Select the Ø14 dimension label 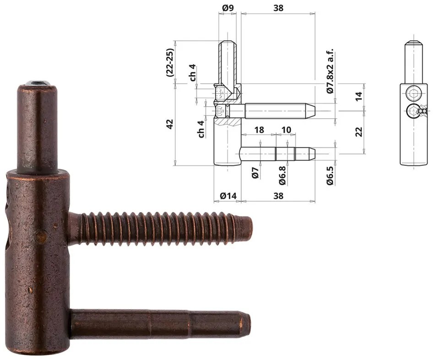[x=228, y=196]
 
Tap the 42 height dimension [x=170, y=124]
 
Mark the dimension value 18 [x=259, y=130]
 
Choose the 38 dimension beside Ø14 [x=278, y=196]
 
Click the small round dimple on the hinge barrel [x=42, y=237]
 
